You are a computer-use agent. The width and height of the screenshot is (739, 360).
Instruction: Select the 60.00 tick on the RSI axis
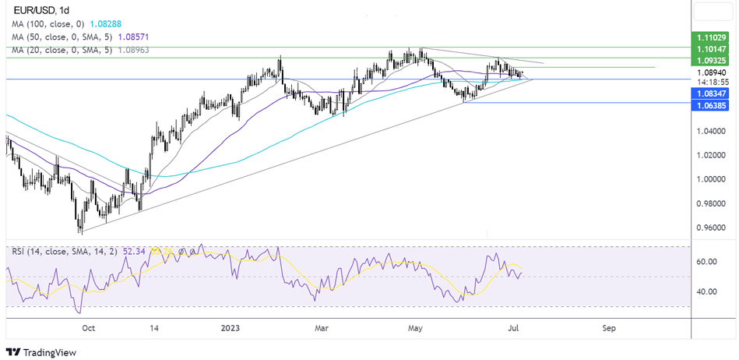pos(706,262)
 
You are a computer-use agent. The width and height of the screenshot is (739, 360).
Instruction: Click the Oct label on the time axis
pos(88,328)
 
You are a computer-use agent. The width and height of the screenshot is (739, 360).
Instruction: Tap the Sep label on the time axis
pos(609,328)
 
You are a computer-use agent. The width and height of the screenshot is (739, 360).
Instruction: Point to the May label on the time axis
pos(414,328)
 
